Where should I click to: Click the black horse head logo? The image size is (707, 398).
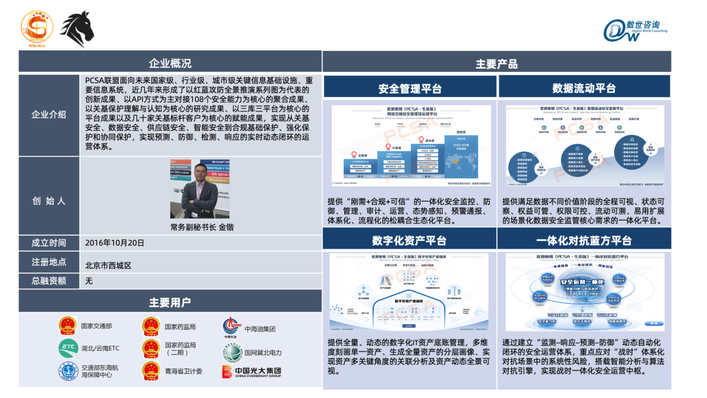coord(78,29)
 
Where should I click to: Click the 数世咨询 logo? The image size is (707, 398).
coord(636,30)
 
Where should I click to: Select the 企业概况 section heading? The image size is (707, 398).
coord(170,63)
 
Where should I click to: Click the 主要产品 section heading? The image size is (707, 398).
coord(496,63)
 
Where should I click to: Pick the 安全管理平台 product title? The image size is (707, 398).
coord(410,89)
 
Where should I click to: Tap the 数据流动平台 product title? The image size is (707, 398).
coord(584,88)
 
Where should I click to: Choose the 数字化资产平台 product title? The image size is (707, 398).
coord(410,240)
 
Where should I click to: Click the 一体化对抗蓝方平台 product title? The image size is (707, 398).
coord(584,240)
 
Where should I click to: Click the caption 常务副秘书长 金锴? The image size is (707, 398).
coord(202,227)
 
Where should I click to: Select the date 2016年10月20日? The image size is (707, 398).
coord(115,242)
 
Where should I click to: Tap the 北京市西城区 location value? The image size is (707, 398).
coord(109,265)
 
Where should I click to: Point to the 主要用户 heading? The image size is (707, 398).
coord(170,302)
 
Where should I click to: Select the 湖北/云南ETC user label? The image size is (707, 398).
coord(100,348)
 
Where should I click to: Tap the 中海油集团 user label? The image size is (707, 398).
coord(260,329)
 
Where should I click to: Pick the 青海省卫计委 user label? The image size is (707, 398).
coord(183,371)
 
